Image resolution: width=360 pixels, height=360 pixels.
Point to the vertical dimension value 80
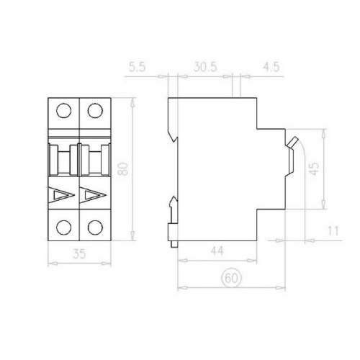(x=123, y=170)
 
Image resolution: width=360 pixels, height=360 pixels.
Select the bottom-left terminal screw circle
(x=63, y=228)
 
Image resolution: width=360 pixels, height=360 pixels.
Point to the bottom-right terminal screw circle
(x=94, y=228)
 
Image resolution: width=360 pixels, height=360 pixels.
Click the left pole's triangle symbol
(x=62, y=195)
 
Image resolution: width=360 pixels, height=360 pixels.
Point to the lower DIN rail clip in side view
(x=174, y=216)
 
